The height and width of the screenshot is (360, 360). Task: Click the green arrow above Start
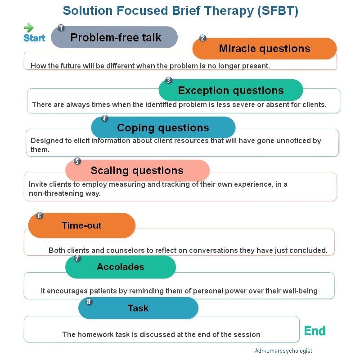click(28, 27)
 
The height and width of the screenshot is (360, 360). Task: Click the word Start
click(34, 38)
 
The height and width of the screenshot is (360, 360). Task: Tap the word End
click(315, 331)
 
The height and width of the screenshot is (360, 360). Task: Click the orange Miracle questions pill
click(265, 49)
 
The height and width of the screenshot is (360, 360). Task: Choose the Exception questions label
click(231, 90)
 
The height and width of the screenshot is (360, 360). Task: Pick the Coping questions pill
click(163, 127)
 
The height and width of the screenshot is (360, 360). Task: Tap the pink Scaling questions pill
click(137, 171)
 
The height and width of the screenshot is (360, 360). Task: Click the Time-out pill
click(82, 225)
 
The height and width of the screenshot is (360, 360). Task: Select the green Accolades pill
click(121, 267)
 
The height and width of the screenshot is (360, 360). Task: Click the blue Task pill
click(138, 308)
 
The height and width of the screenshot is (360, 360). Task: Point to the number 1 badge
click(61, 28)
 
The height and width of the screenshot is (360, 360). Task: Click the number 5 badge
click(77, 161)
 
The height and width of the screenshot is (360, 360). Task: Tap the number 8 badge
click(89, 302)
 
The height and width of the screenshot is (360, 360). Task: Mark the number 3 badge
click(168, 81)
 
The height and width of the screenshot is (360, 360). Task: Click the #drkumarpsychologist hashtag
click(283, 351)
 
